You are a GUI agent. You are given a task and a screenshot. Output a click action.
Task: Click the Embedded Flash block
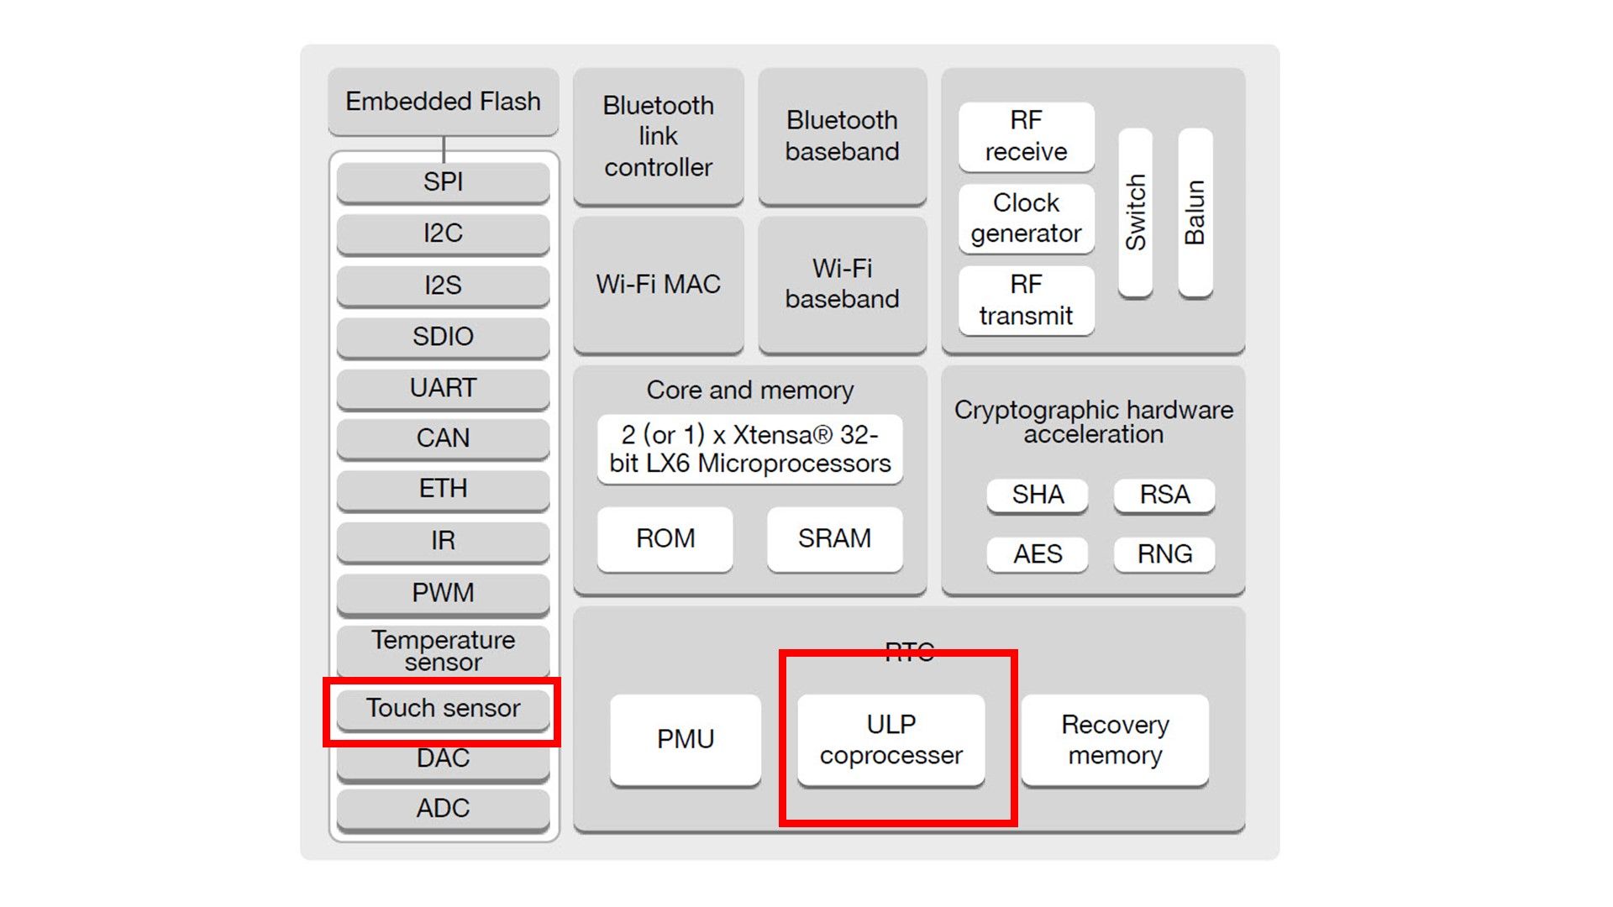click(443, 102)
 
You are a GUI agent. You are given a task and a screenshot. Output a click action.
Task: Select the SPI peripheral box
click(443, 181)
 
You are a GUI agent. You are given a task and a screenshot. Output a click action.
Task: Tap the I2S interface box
click(443, 286)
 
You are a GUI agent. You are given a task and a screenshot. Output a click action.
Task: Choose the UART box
click(443, 388)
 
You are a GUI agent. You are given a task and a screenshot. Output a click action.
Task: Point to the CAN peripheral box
click(443, 438)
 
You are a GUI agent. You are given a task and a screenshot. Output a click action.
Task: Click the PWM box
click(443, 593)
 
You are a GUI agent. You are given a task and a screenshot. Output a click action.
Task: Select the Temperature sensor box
click(443, 651)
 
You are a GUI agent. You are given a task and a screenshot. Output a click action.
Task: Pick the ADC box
click(443, 809)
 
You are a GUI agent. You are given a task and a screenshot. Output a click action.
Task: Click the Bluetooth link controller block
click(658, 136)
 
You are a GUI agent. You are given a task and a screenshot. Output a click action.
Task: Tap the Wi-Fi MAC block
click(658, 284)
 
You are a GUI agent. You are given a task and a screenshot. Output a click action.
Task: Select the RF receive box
click(1026, 136)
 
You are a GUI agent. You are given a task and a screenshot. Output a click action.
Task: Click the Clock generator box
click(1026, 218)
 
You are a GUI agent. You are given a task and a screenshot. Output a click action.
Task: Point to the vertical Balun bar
click(1195, 212)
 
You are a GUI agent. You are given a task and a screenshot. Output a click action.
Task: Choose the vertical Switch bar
click(1135, 212)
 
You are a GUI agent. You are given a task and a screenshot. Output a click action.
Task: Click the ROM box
click(665, 538)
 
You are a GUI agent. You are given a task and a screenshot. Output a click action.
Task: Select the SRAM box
click(834, 538)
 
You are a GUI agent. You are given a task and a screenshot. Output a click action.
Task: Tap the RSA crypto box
click(1164, 495)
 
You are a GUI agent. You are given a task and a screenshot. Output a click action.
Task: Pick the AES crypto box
click(1037, 554)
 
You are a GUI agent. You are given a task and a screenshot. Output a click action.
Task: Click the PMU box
click(686, 739)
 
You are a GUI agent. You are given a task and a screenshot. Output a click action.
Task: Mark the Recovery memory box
click(1115, 739)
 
